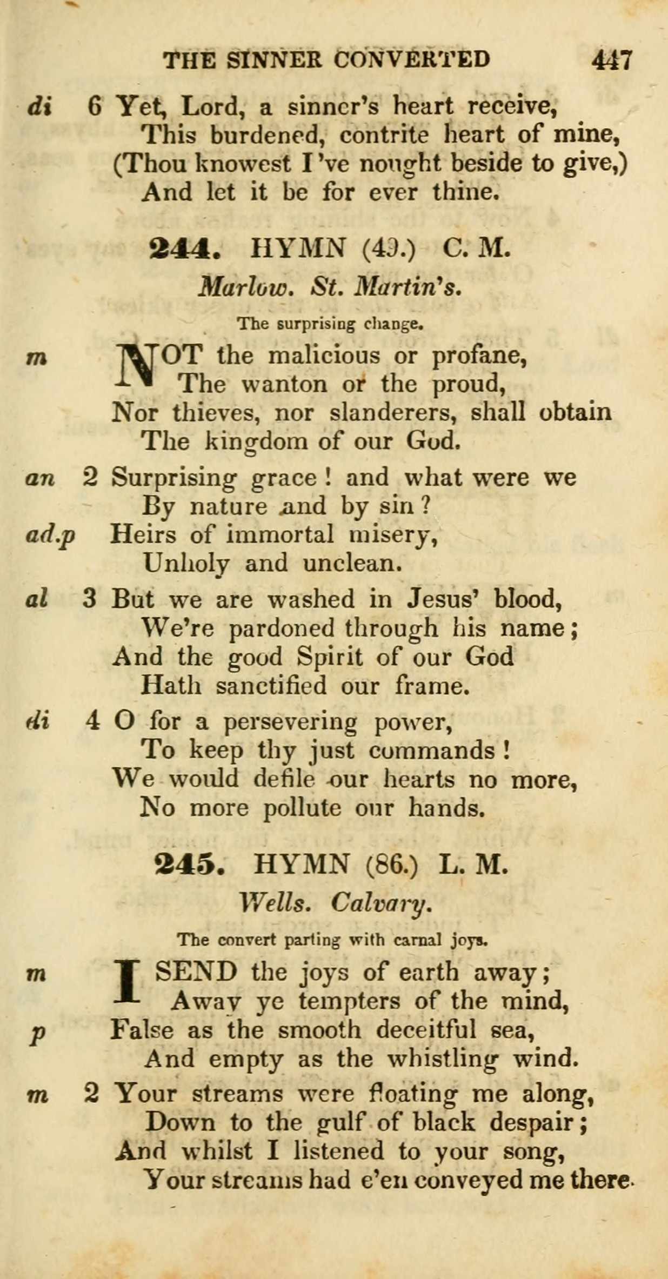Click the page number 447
pyautogui.click(x=612, y=59)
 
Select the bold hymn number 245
pyautogui.click(x=189, y=865)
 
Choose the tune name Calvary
pyautogui.click(x=382, y=902)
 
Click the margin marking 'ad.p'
pyautogui.click(x=50, y=535)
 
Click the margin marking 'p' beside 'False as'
pyautogui.click(x=37, y=1033)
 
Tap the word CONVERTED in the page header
pyautogui.click(x=412, y=59)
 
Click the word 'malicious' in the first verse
pyautogui.click(x=324, y=356)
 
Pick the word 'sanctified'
pyautogui.click(x=271, y=686)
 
